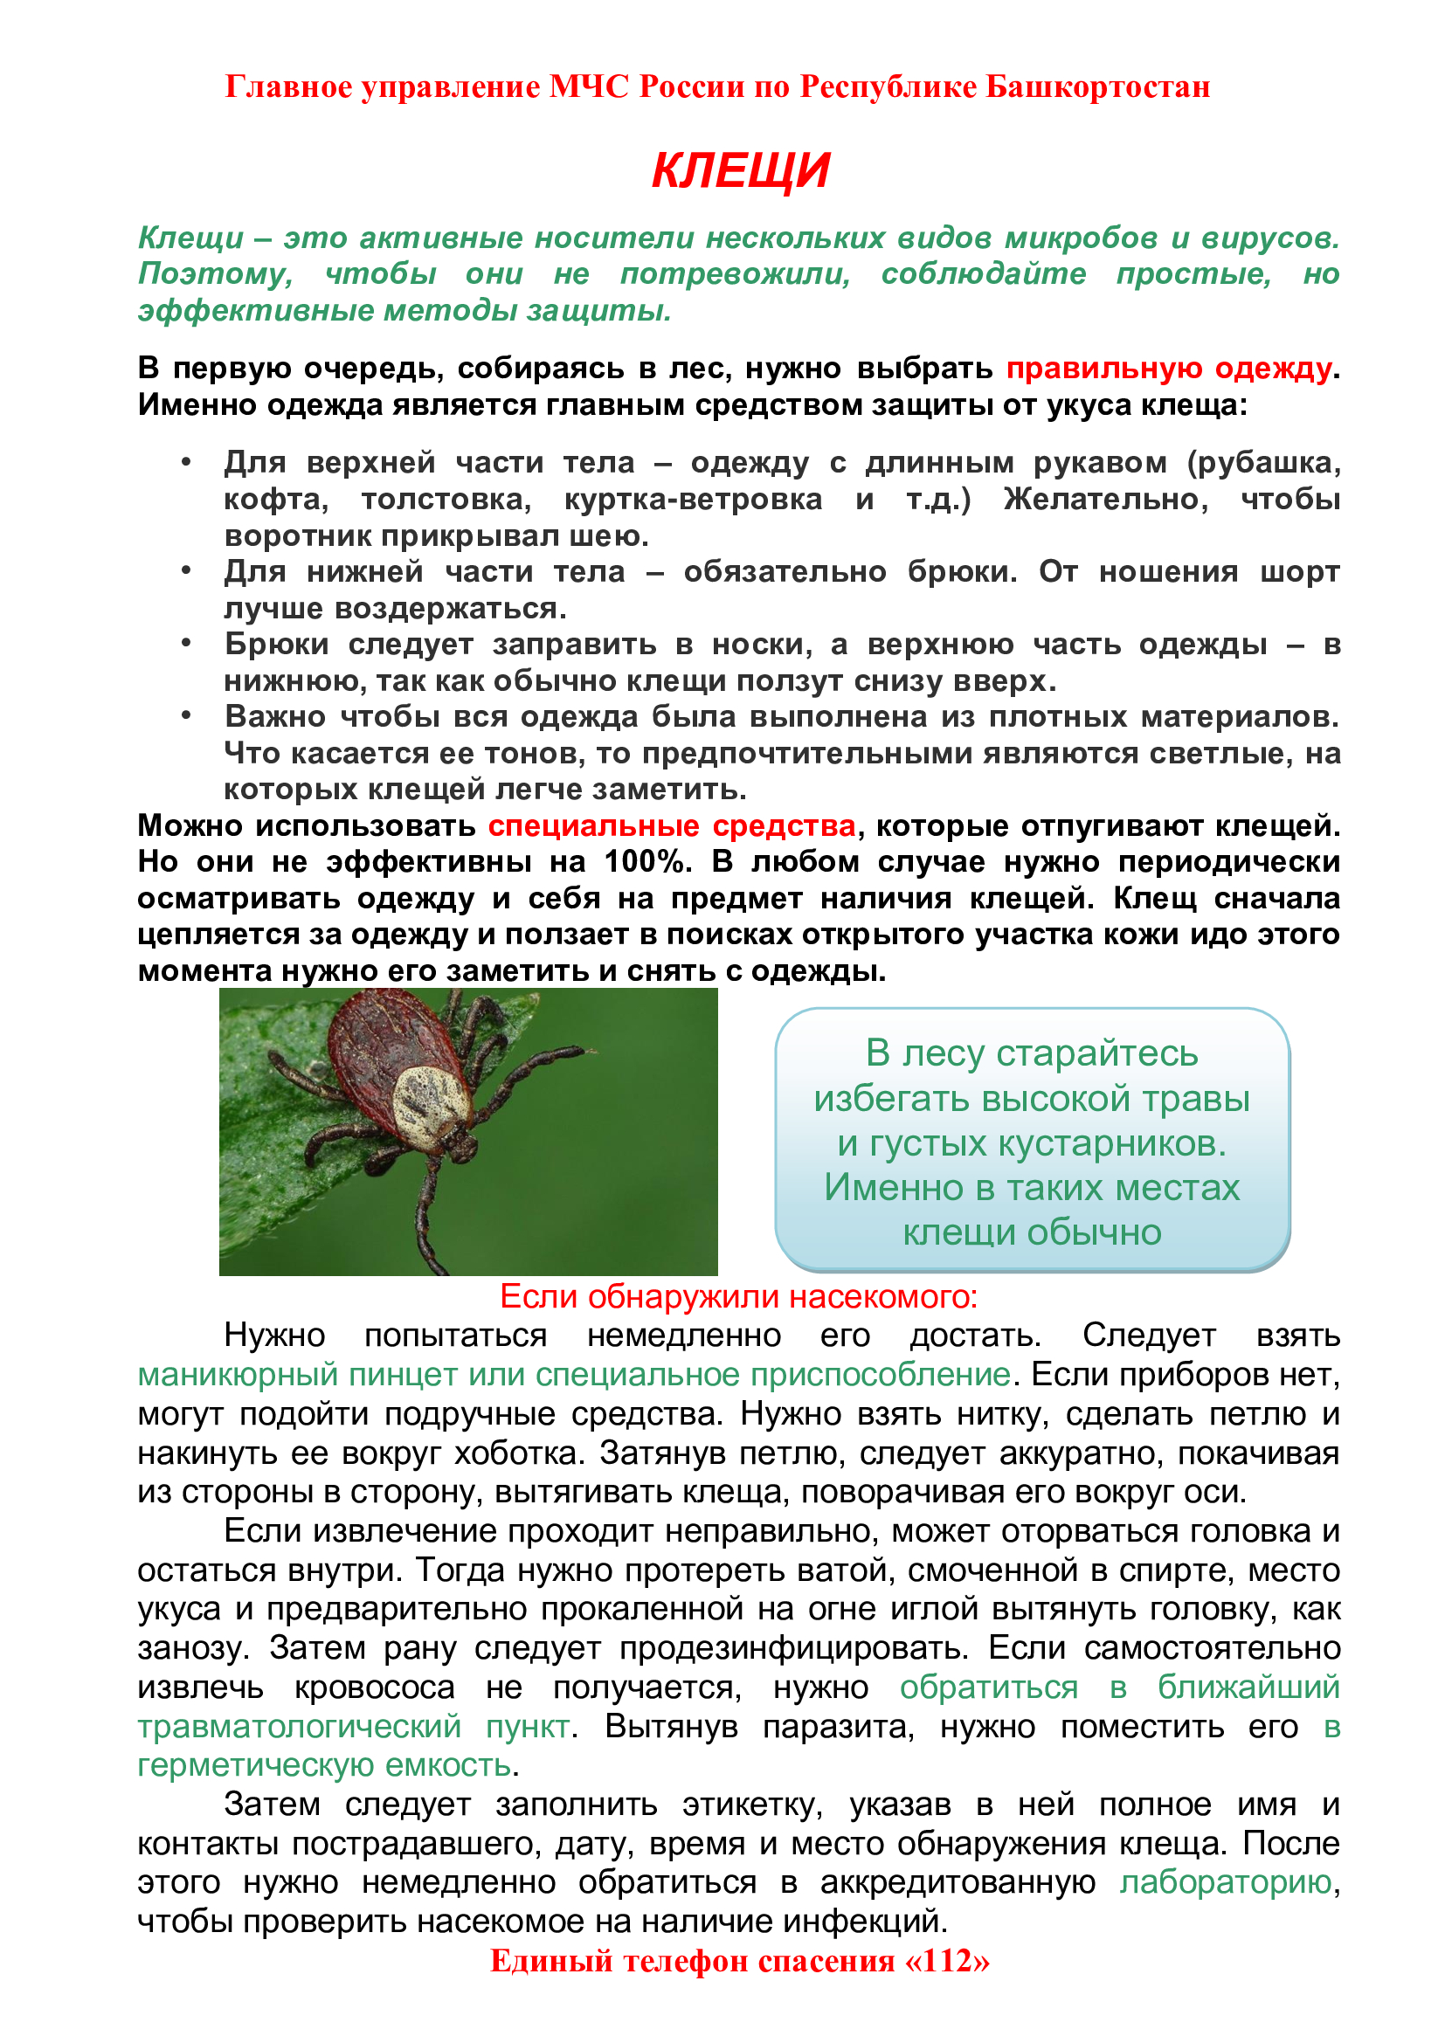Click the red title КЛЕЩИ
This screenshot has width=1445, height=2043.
point(740,170)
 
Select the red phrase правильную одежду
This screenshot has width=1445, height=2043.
point(1168,368)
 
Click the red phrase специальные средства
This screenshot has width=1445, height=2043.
point(672,825)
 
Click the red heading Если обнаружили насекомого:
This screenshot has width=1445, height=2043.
point(738,1297)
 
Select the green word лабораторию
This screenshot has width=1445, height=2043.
point(1225,1882)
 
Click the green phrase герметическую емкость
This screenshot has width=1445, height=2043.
point(325,1764)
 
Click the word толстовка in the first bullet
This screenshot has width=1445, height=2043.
point(446,500)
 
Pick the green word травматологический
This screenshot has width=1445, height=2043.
point(299,1726)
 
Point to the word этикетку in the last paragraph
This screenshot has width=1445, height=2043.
point(752,1804)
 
